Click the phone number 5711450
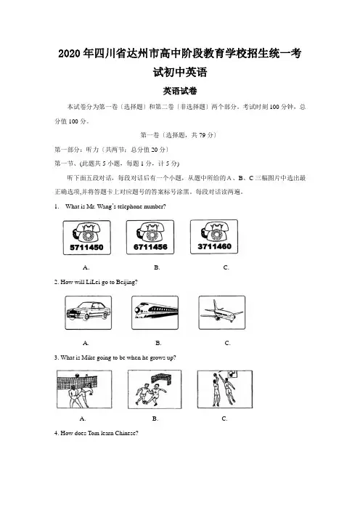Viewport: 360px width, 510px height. (x=87, y=247)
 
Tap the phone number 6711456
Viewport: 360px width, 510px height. (x=150, y=247)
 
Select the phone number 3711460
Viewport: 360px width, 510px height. (x=214, y=246)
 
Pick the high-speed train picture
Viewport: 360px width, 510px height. (x=155, y=311)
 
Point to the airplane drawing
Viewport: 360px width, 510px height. (x=221, y=311)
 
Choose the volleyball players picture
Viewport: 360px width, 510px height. (x=84, y=389)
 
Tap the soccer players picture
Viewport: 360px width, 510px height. (x=155, y=389)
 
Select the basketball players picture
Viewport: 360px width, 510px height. (x=225, y=389)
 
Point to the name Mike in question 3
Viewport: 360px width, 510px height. (x=88, y=357)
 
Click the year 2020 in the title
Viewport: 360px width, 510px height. (x=69, y=53)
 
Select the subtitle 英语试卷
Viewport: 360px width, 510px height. (x=180, y=91)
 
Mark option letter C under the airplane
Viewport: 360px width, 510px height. (x=227, y=343)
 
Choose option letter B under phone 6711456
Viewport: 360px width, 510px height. (x=157, y=267)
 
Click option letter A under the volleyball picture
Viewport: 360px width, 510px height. (x=83, y=418)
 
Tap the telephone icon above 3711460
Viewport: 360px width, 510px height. (x=213, y=232)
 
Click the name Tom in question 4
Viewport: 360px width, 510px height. (x=93, y=433)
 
